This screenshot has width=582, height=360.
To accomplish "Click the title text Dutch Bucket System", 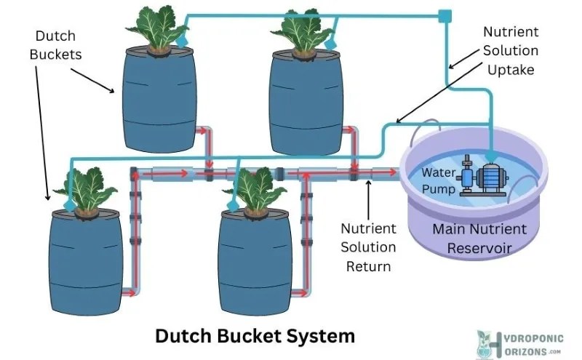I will click(255, 336).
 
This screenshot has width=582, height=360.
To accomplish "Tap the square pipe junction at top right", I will click(445, 14).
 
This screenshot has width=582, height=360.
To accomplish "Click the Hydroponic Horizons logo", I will click(519, 343).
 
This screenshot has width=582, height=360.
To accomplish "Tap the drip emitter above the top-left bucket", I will click(182, 41).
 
